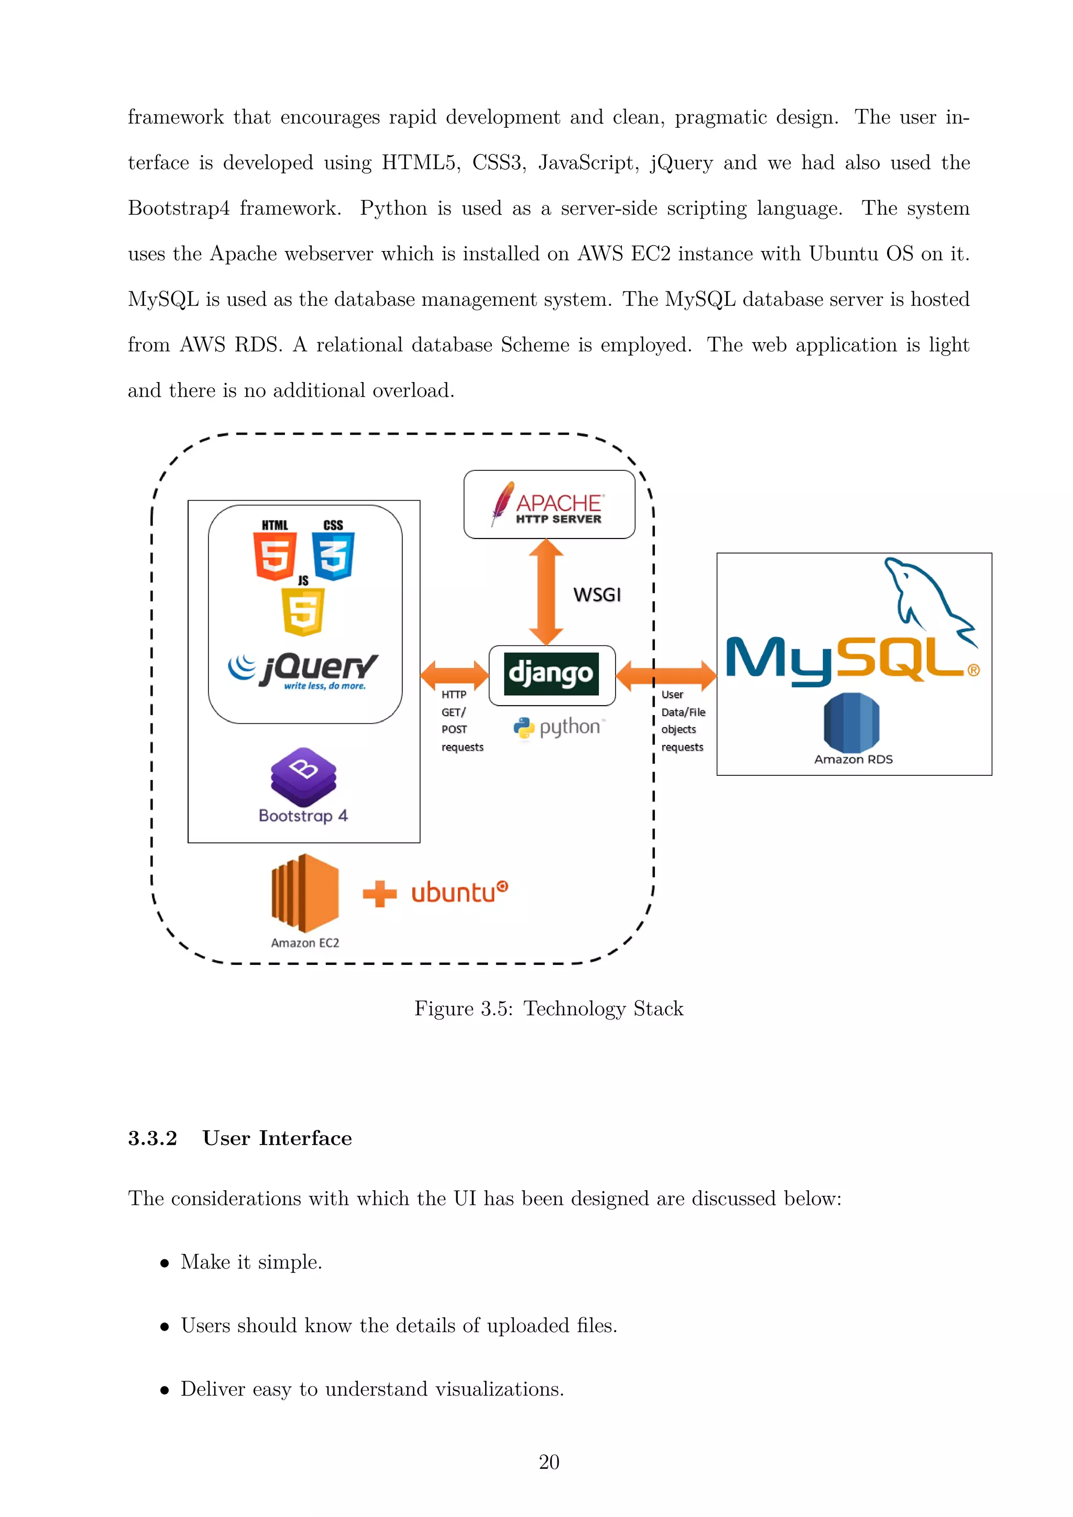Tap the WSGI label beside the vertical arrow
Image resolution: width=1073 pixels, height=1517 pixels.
pos(597,595)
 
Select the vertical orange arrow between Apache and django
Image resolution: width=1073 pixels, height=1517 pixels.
pos(546,591)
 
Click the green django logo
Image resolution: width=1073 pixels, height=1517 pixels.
pos(551,674)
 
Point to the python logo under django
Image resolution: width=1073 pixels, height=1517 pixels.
pos(559,728)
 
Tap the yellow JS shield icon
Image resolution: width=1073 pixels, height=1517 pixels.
pos(303,611)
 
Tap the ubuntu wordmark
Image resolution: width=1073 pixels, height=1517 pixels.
pos(459,893)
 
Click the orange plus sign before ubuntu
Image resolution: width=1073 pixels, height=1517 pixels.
pos(379,894)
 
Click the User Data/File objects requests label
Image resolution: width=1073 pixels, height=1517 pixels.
pos(683,721)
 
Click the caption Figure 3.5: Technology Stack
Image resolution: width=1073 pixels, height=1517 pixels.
pos(549,1009)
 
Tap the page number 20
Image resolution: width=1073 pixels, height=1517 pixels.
pos(549,1462)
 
